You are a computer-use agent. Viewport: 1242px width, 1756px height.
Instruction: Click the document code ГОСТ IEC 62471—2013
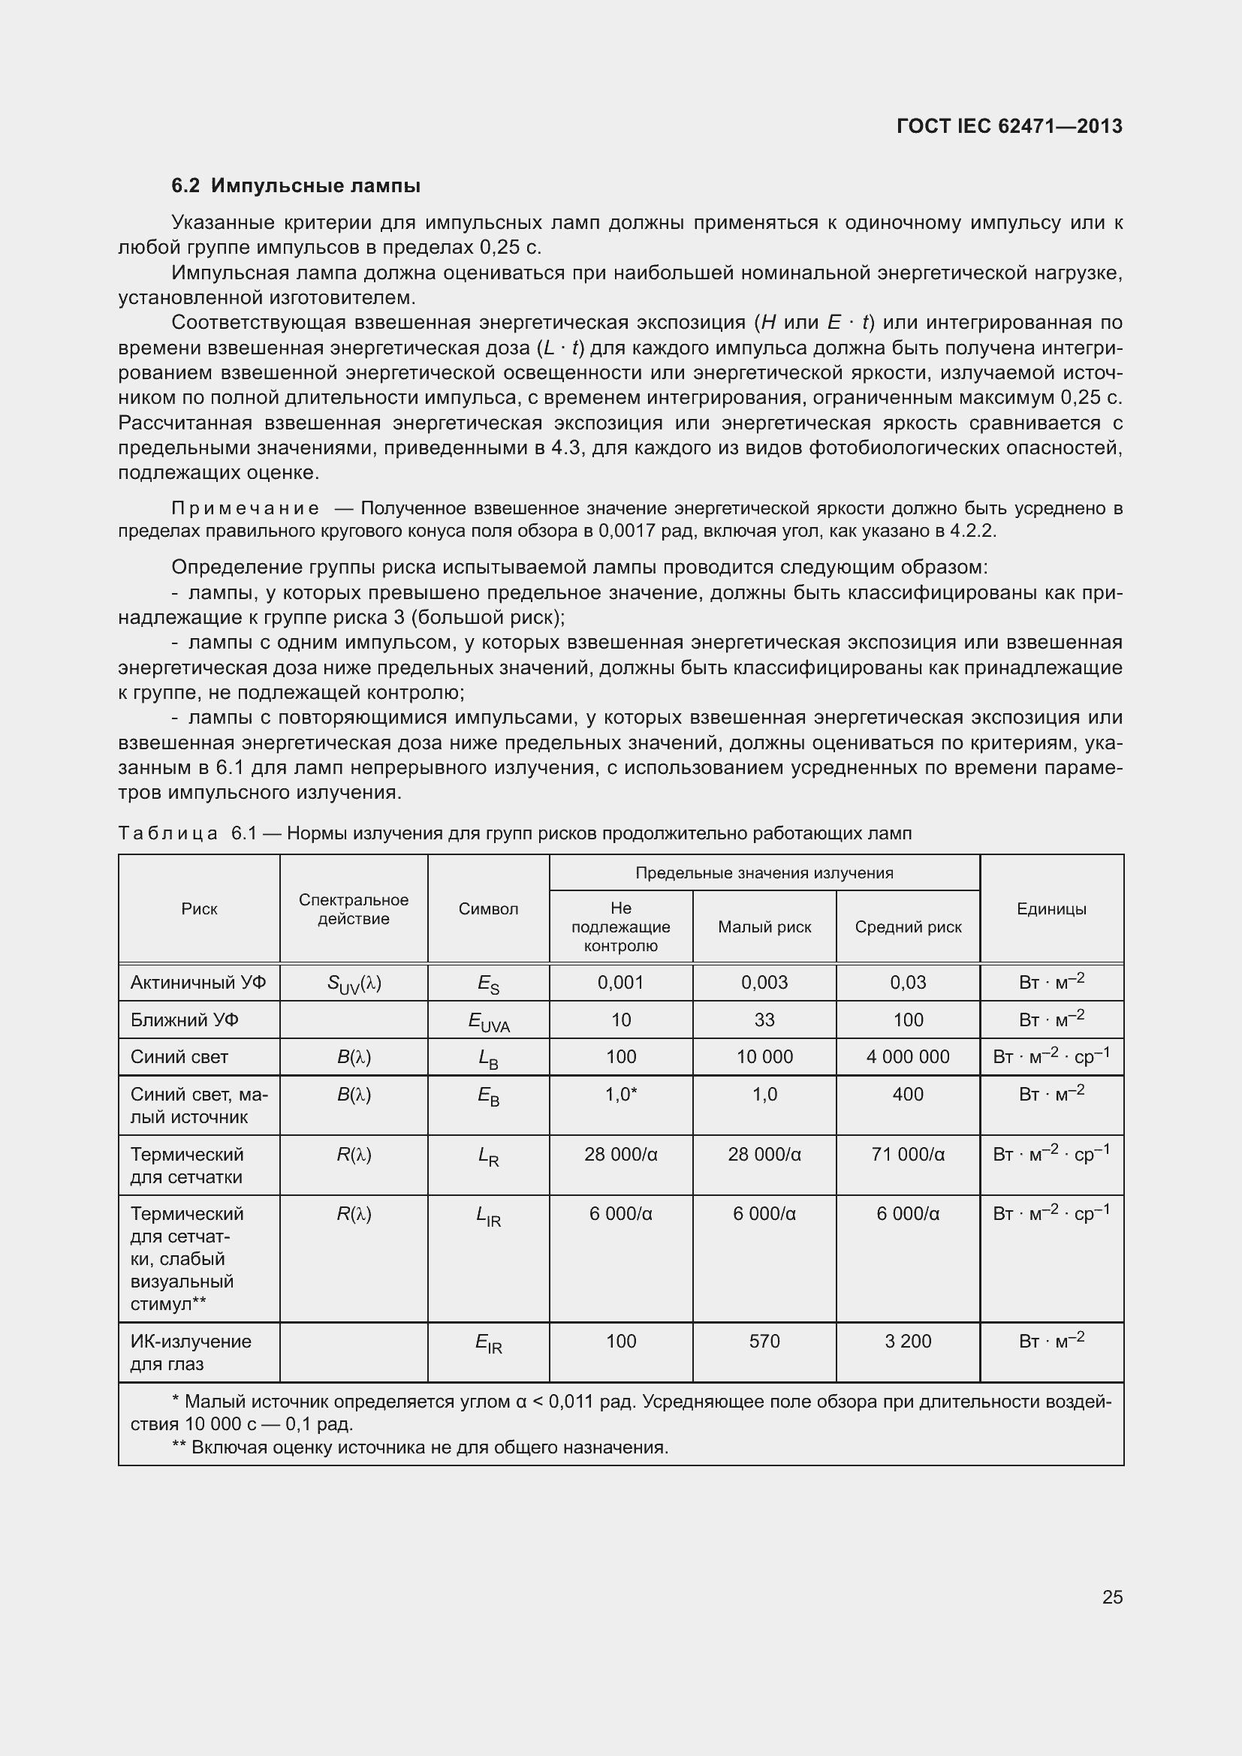coord(1008,126)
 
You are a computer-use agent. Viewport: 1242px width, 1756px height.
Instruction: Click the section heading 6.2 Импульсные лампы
coord(295,186)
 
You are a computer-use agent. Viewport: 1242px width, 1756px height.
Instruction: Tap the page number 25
coord(1112,1597)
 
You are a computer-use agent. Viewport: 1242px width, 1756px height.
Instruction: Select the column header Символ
coord(488,908)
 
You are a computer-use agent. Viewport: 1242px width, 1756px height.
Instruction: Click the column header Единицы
coord(1051,908)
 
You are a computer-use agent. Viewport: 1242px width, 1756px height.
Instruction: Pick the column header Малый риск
coord(764,927)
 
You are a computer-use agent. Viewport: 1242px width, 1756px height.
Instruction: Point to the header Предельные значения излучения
coord(764,872)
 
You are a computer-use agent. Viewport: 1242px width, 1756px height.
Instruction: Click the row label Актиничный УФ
coord(198,982)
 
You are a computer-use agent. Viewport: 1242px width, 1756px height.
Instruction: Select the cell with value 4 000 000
coord(908,1057)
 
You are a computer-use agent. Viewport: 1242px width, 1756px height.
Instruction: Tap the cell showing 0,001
coord(620,982)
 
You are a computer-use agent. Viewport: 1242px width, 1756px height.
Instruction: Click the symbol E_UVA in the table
coord(488,1022)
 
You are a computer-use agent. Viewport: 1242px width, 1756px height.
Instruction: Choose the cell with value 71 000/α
coord(908,1155)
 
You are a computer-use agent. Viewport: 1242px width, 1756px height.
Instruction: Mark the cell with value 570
coord(764,1342)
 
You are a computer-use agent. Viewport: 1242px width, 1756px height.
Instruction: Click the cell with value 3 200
coord(908,1342)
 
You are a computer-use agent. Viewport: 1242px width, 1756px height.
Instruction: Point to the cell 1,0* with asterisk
coord(620,1095)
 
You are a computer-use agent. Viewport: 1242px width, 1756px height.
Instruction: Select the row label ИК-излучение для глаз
coord(191,1352)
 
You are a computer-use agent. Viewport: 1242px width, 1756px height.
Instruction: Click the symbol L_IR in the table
coord(488,1215)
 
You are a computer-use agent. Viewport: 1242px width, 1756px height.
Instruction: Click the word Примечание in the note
coord(245,508)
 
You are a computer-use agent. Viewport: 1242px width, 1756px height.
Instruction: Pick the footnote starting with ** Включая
coord(420,1447)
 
